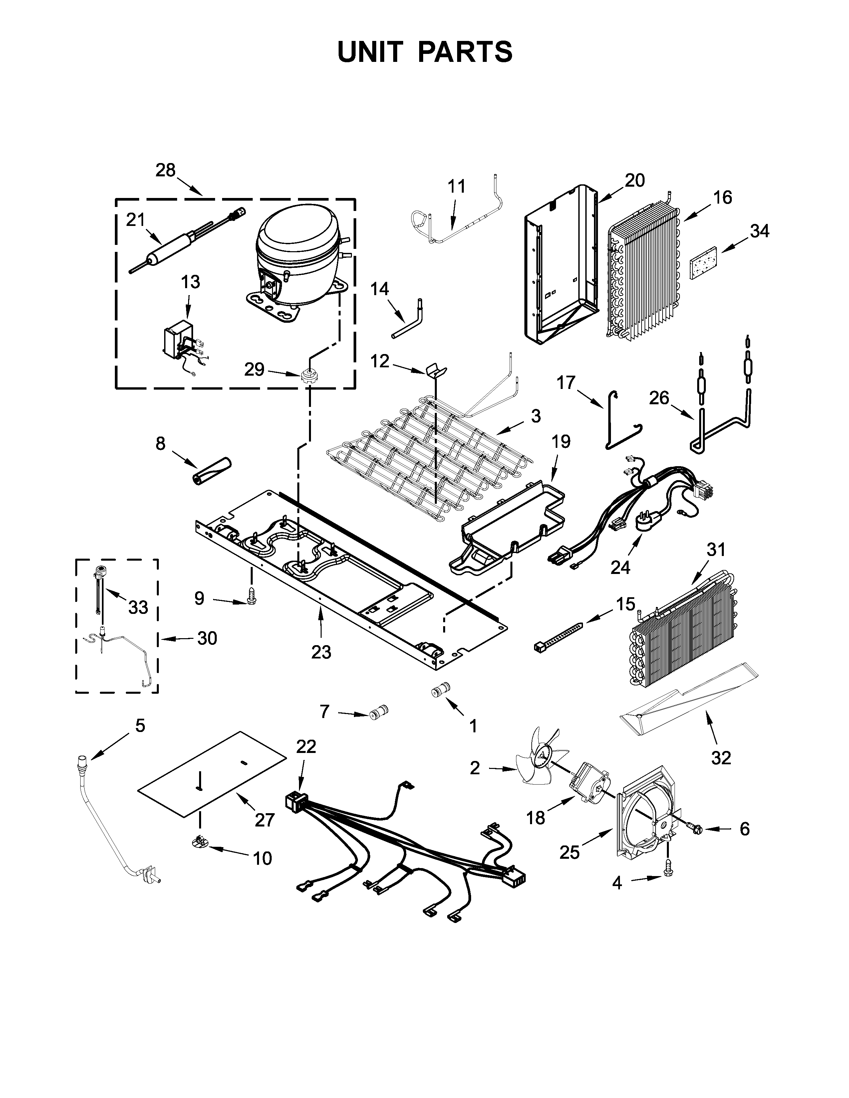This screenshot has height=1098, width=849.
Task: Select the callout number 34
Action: [759, 231]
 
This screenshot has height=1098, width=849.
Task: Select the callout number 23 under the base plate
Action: [321, 652]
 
